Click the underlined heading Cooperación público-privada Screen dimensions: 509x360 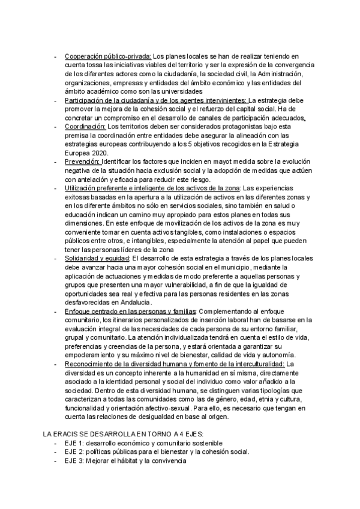click(x=108, y=56)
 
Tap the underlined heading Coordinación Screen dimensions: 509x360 click(x=85, y=127)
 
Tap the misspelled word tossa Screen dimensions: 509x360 click(x=98, y=65)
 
